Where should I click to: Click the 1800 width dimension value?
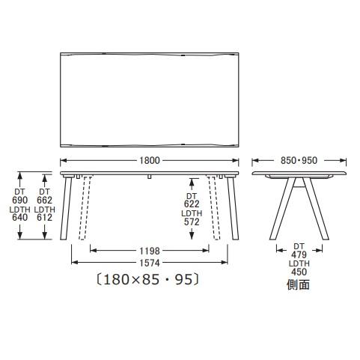150,160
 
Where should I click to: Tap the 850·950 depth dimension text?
299,160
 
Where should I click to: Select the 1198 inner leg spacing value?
150,251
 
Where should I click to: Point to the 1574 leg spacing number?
150,263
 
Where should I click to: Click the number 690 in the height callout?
20,200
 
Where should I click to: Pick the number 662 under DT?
45,200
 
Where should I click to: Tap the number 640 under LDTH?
20,217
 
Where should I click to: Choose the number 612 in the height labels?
45,217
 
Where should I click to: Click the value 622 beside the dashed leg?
192,204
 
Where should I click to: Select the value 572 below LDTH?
192,222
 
